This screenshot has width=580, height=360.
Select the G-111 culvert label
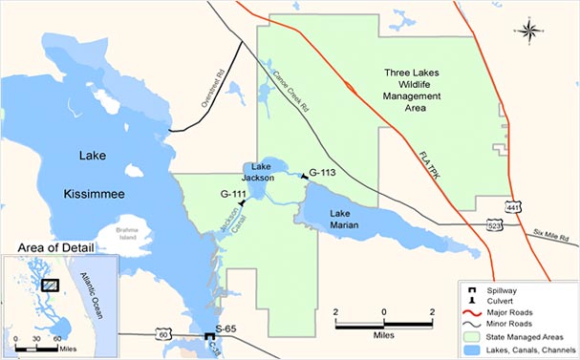pyautogui.click(x=234, y=194)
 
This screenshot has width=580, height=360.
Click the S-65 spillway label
pyautogui.click(x=226, y=329)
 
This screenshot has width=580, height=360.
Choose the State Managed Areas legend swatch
pyautogui.click(x=471, y=337)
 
